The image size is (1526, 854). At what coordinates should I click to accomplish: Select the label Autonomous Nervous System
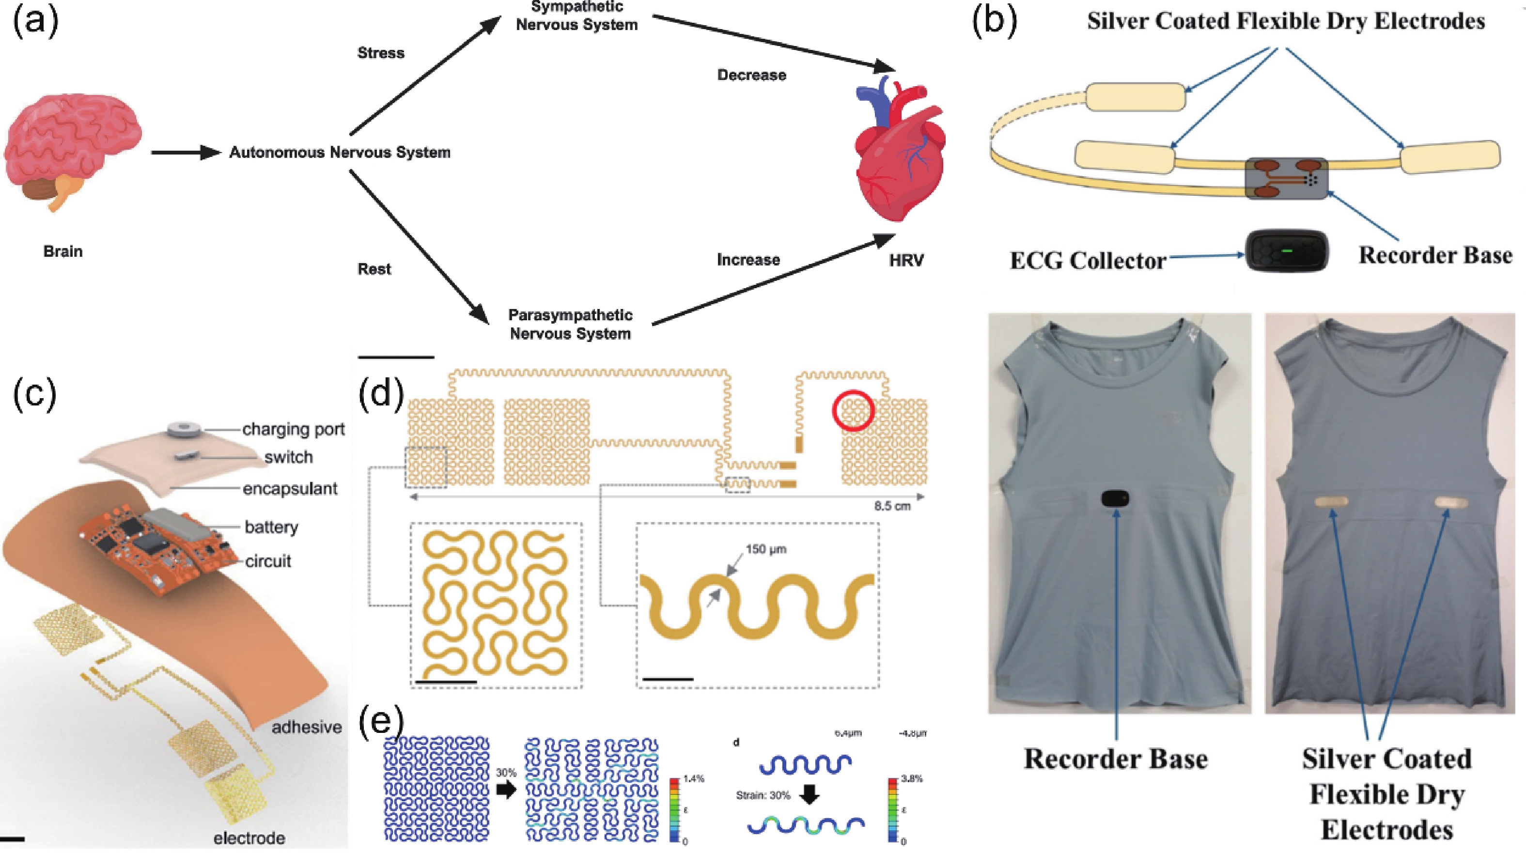[x=340, y=153]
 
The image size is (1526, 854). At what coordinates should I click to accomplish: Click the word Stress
[x=381, y=53]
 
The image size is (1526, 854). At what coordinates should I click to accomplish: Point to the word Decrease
[x=752, y=75]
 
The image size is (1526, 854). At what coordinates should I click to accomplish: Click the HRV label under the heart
[x=906, y=260]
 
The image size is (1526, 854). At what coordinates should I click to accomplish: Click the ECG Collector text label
[x=1088, y=261]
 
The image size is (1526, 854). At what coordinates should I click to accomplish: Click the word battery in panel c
[x=271, y=527]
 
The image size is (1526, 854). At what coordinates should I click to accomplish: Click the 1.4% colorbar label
[x=694, y=779]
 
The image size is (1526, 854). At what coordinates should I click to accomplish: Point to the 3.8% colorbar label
[x=912, y=779]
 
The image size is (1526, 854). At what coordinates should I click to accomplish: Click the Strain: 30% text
[x=763, y=795]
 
